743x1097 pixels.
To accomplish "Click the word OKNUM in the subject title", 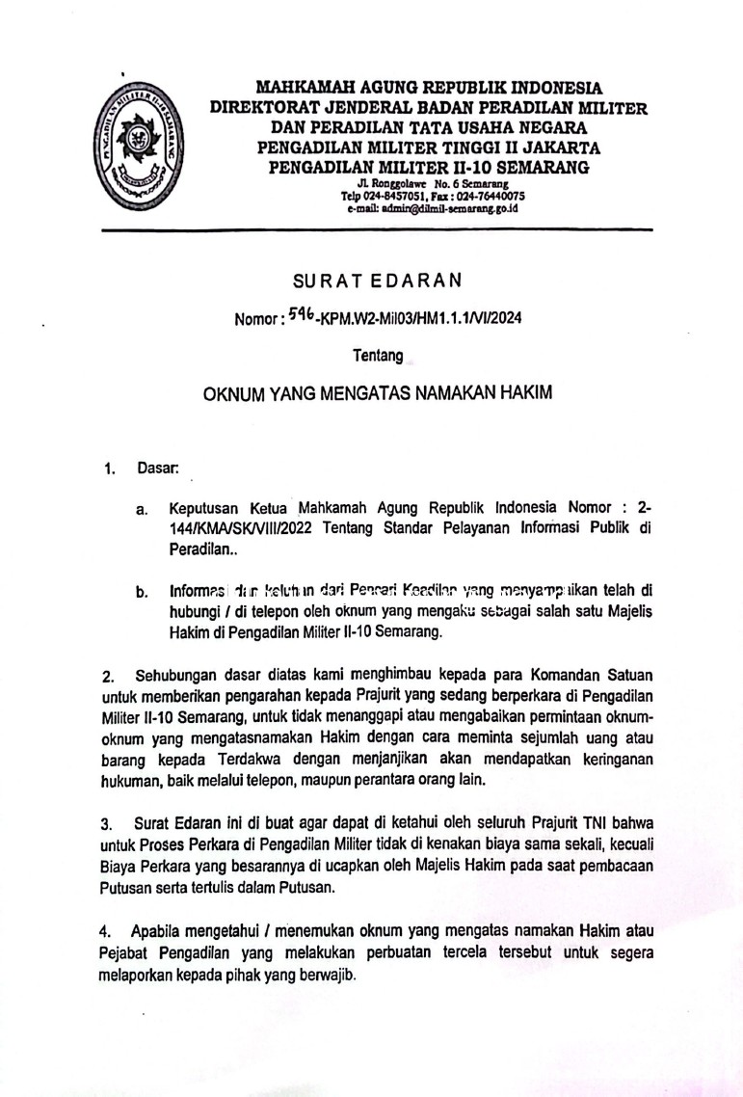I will (x=234, y=394).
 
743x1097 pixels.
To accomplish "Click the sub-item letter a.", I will (x=141, y=508).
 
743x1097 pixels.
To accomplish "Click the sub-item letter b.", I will (x=141, y=592).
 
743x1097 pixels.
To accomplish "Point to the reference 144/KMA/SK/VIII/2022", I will (x=243, y=527).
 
